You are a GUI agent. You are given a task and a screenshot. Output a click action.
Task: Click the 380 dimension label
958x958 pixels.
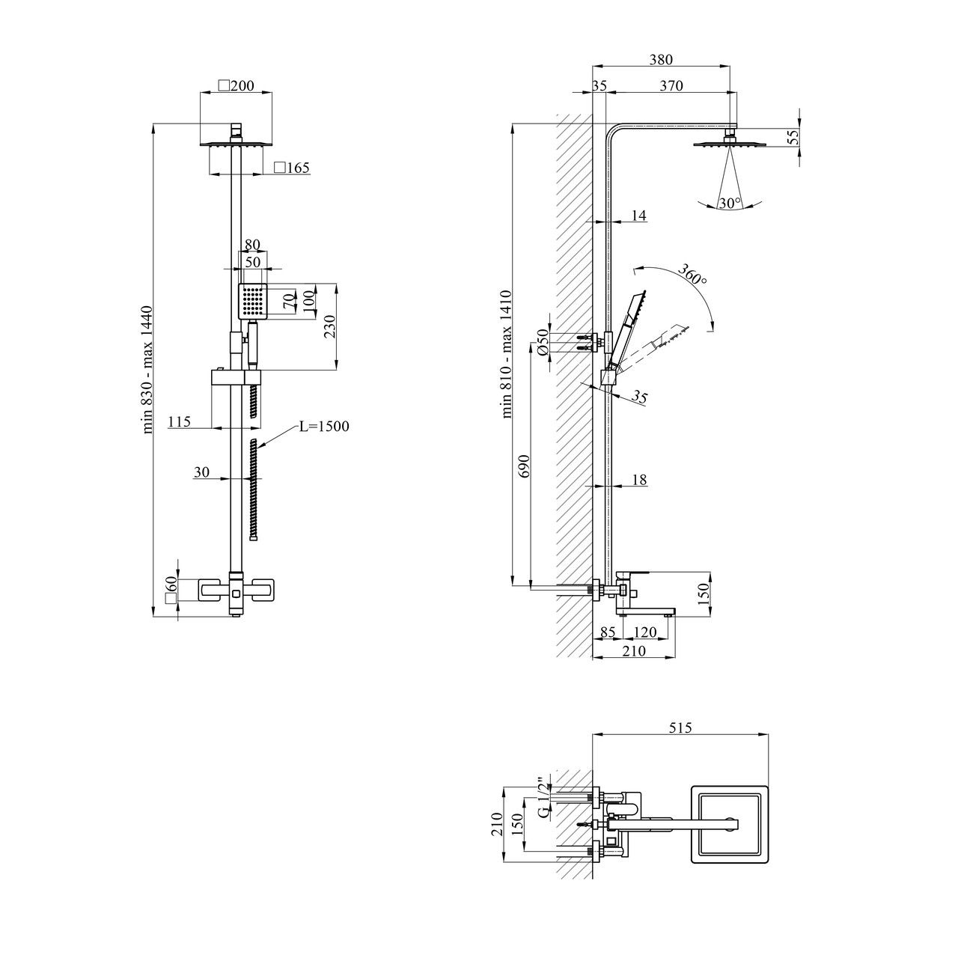point(661,60)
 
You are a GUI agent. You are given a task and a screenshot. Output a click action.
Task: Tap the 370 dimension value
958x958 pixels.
point(671,86)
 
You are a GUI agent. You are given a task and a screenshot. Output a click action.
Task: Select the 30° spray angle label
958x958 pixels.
point(729,203)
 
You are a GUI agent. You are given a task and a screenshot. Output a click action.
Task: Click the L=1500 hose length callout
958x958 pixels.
point(323,426)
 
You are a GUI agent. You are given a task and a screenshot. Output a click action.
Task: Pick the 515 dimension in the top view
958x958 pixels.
point(680,727)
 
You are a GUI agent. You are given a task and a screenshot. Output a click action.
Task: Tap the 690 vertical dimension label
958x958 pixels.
point(523,466)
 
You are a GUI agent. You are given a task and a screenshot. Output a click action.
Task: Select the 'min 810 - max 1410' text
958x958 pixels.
point(507,354)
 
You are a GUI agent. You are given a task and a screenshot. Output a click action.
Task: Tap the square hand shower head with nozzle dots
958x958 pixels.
point(253,302)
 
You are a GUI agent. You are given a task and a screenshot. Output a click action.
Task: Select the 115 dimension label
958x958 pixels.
point(179,421)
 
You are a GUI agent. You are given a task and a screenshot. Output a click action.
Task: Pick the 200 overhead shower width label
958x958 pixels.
point(237,86)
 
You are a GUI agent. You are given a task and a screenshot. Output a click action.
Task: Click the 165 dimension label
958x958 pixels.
point(292,168)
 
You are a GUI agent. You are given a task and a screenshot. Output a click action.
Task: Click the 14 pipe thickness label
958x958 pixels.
point(638,216)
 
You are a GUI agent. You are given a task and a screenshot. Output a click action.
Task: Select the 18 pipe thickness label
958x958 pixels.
point(639,479)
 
